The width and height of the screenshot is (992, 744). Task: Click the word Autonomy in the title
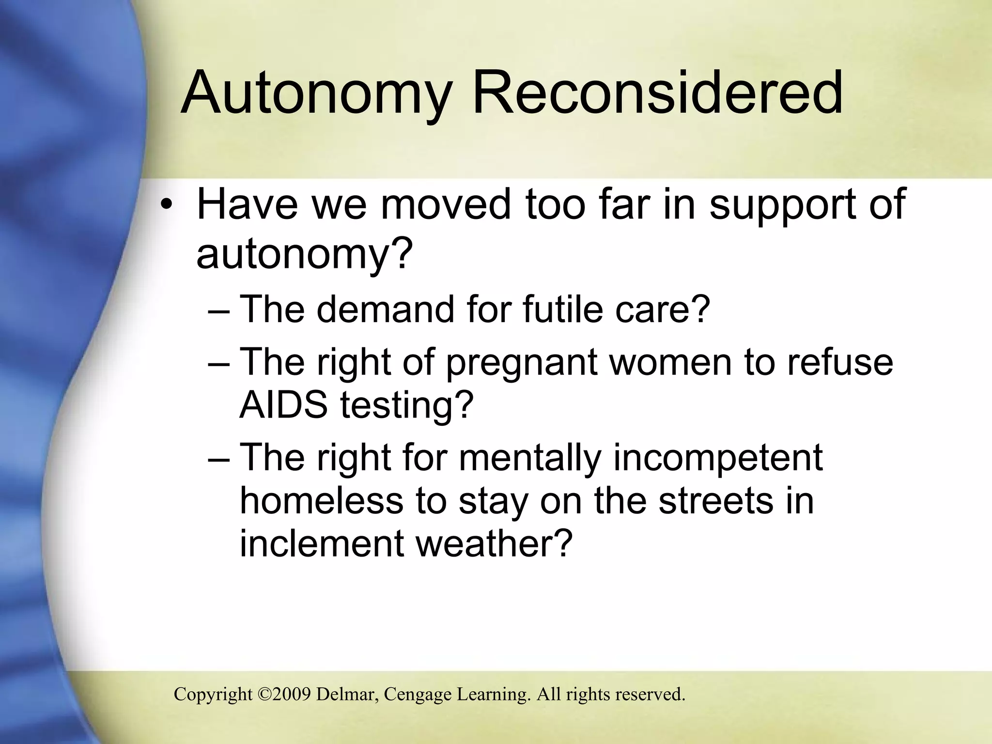(317, 93)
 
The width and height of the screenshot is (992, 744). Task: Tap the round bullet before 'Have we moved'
(167, 206)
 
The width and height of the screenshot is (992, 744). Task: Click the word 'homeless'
(321, 501)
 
